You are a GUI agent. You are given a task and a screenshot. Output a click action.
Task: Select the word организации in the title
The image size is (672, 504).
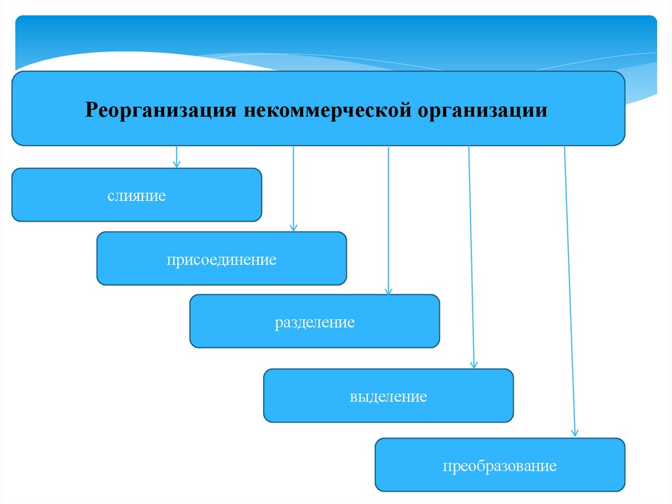click(x=481, y=109)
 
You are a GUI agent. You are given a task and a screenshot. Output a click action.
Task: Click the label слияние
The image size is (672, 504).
click(x=137, y=196)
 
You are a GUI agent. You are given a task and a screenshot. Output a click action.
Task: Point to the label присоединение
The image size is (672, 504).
click(x=221, y=260)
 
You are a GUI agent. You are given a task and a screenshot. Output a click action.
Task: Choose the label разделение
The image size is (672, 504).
click(x=315, y=323)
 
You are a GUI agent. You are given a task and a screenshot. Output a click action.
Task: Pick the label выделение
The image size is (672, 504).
click(x=388, y=397)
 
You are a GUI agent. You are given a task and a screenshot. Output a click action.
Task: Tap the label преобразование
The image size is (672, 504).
click(x=499, y=467)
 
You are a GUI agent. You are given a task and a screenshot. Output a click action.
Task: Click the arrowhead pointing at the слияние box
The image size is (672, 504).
click(x=176, y=164)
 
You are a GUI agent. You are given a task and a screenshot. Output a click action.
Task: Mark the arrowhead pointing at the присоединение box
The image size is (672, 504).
click(x=293, y=227)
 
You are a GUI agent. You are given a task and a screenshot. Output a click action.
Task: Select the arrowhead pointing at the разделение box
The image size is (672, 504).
click(x=388, y=290)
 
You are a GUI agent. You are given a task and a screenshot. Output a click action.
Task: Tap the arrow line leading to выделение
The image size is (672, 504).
click(x=471, y=256)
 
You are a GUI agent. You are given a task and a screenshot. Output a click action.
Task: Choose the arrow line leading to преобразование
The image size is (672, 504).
click(x=570, y=289)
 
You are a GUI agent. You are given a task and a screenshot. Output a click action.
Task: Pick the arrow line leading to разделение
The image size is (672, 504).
click(x=388, y=217)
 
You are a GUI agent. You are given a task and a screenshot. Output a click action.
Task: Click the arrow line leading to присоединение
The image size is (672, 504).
click(x=293, y=187)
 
